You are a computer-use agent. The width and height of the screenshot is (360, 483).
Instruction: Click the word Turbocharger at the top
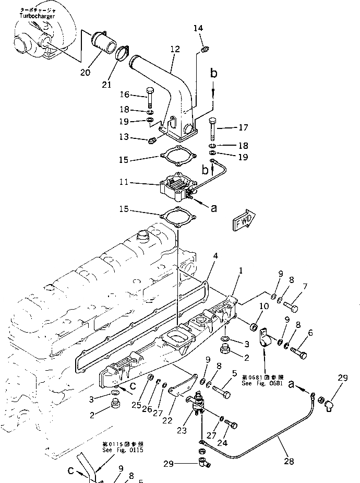pos(38,16)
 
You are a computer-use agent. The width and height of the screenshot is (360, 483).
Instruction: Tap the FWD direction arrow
pos(243,219)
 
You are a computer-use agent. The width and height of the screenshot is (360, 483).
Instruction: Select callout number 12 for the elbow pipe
pos(175,49)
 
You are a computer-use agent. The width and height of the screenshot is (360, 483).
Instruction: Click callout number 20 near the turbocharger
pos(85,72)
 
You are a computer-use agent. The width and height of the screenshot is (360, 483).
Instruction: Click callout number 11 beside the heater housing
pos(124,183)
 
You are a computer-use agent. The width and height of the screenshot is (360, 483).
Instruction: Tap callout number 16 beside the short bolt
pos(124,95)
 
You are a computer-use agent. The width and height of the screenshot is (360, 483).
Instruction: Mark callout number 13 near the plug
pos(124,138)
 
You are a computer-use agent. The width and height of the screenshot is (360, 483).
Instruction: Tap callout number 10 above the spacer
pos(264,306)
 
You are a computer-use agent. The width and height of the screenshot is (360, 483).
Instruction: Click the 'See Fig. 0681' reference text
pos(262,383)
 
